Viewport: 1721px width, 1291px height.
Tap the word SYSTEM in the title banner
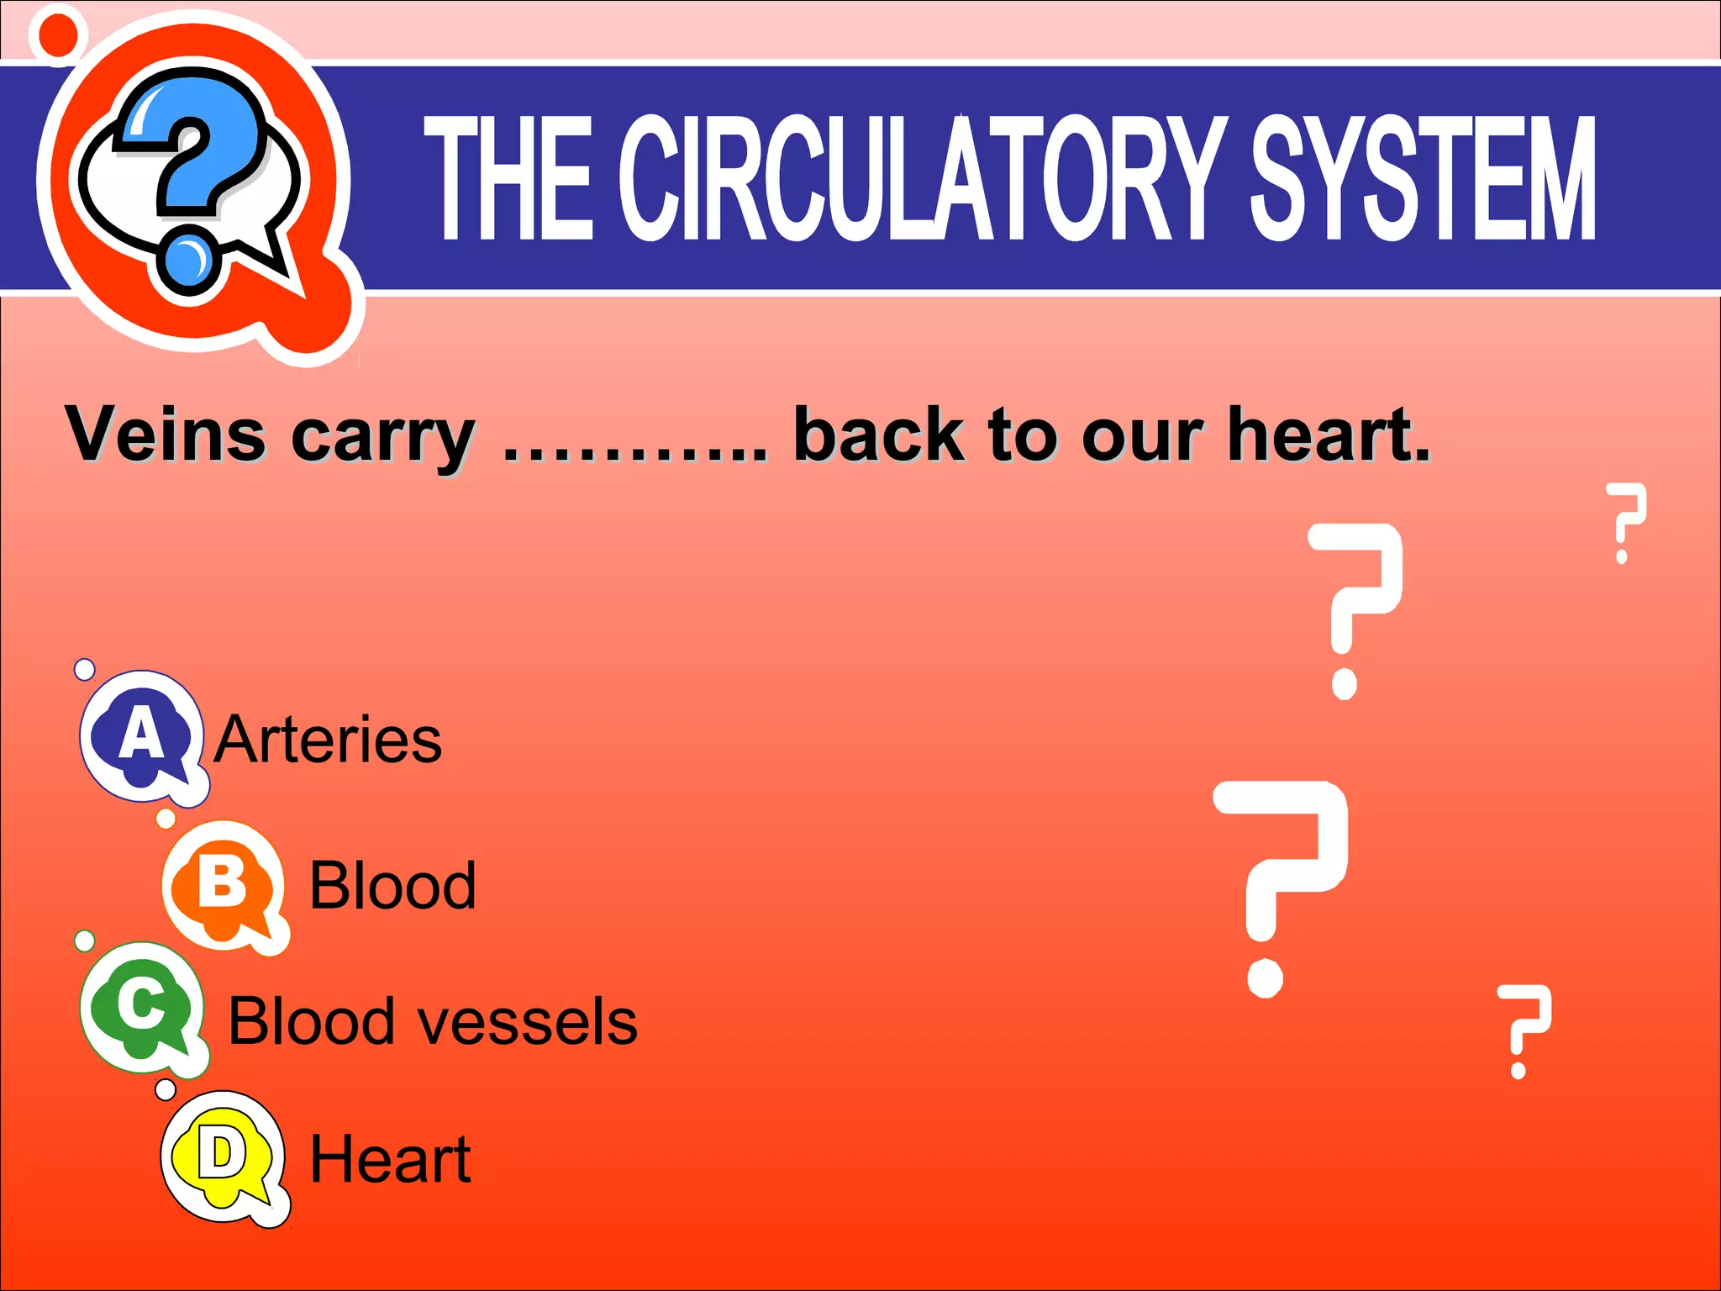coord(1423,178)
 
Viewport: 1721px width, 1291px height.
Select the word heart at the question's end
coord(1328,435)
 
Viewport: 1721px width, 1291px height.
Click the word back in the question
coord(878,435)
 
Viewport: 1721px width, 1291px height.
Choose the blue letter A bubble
coord(142,735)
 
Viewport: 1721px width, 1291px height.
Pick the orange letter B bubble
coord(223,884)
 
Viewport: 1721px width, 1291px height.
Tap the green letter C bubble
coord(141,1005)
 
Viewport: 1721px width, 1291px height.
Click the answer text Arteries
coord(328,740)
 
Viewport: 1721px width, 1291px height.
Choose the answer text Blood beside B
coord(392,886)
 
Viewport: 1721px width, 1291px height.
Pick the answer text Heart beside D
coord(390,1159)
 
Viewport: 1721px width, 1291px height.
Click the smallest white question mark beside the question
coord(1625,523)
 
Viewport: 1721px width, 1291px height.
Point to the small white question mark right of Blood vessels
coord(1523,1030)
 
